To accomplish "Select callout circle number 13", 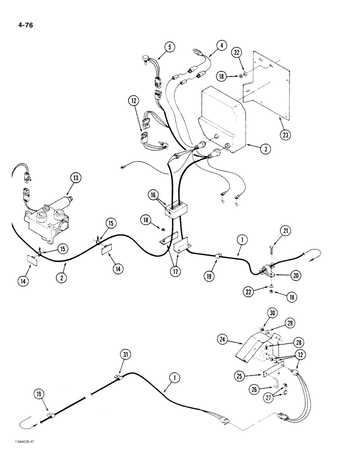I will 76,177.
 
